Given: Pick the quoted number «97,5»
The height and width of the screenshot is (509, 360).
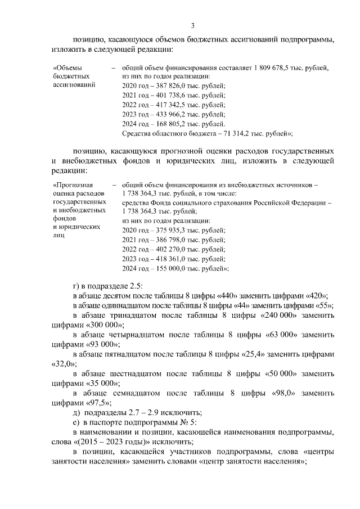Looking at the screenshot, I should tap(98, 402).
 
